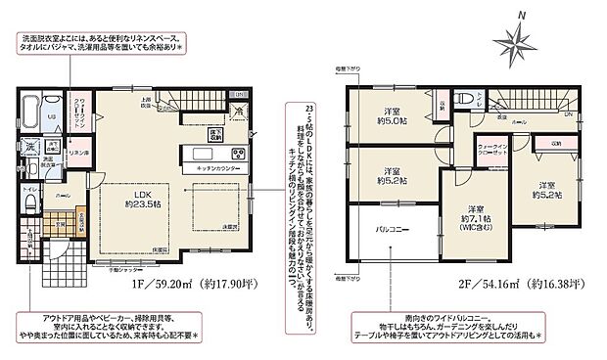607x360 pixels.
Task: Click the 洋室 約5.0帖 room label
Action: (x=396, y=117)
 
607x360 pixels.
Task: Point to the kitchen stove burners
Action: (x=236, y=154)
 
